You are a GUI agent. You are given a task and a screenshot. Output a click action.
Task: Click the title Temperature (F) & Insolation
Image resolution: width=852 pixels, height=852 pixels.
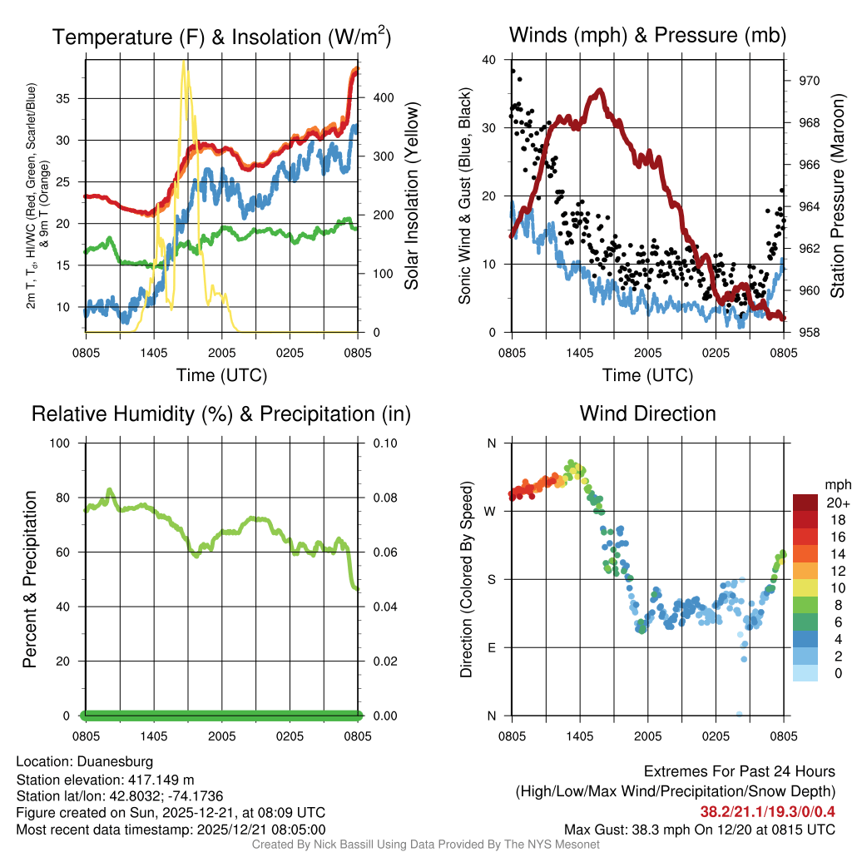pyautogui.click(x=221, y=37)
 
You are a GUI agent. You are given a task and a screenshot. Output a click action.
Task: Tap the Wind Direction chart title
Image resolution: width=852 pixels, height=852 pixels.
pyautogui.click(x=647, y=414)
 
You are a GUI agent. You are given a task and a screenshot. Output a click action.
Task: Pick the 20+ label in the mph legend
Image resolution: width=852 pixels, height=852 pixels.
pyautogui.click(x=837, y=503)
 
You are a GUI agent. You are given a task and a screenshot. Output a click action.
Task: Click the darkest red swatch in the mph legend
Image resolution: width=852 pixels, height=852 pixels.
pyautogui.click(x=805, y=503)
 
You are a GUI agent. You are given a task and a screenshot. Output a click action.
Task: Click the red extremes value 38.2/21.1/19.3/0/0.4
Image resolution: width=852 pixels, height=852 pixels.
pyautogui.click(x=767, y=811)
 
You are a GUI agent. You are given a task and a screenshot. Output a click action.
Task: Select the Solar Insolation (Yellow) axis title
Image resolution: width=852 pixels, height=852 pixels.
pyautogui.click(x=412, y=196)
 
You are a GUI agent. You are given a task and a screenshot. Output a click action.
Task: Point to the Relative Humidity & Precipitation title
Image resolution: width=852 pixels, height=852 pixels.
pyautogui.click(x=221, y=414)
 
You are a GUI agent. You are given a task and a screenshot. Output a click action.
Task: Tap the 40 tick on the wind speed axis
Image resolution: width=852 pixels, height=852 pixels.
pyautogui.click(x=488, y=60)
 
